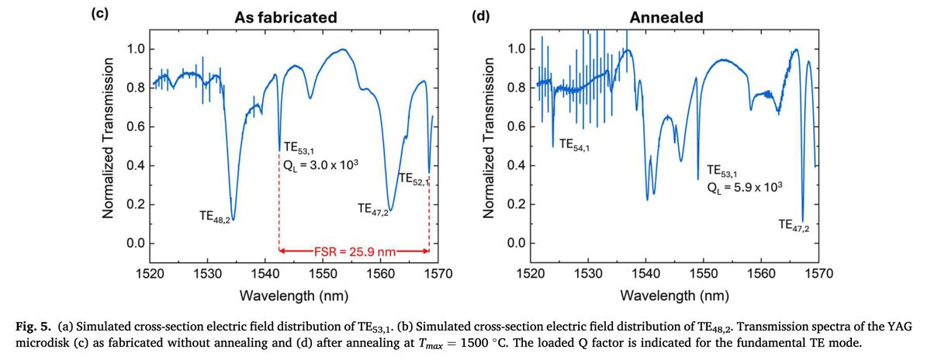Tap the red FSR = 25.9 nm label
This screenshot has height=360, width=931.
pyautogui.click(x=355, y=251)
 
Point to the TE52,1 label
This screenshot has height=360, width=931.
pyautogui.click(x=413, y=179)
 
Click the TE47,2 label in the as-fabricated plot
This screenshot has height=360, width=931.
pyautogui.click(x=373, y=209)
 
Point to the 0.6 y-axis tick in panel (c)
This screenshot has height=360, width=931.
pyautogui.click(x=136, y=126)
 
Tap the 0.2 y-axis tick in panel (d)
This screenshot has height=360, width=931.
pyautogui.click(x=517, y=205)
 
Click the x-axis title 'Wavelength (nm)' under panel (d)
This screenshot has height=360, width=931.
pyautogui.click(x=674, y=296)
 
